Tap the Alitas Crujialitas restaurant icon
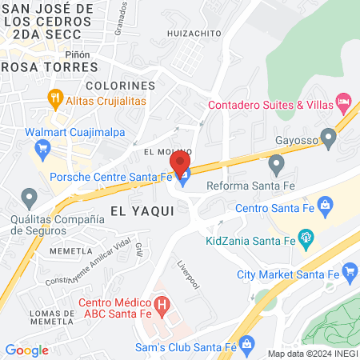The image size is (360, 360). (x=55, y=100)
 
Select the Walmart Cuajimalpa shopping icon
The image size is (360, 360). (x=43, y=148)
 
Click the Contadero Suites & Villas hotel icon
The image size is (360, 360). (x=343, y=101)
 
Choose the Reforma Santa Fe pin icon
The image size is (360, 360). (x=277, y=166)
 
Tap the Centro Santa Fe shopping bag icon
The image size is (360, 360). (x=325, y=207)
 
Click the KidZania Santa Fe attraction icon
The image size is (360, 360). (x=304, y=237)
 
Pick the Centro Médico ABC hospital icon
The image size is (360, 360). (x=162, y=305)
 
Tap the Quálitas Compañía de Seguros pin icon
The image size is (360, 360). (x=30, y=197)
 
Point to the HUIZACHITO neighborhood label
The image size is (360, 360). (x=194, y=34)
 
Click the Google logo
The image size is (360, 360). (x=26, y=350)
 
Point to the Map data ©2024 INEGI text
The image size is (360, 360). (x=310, y=354)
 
